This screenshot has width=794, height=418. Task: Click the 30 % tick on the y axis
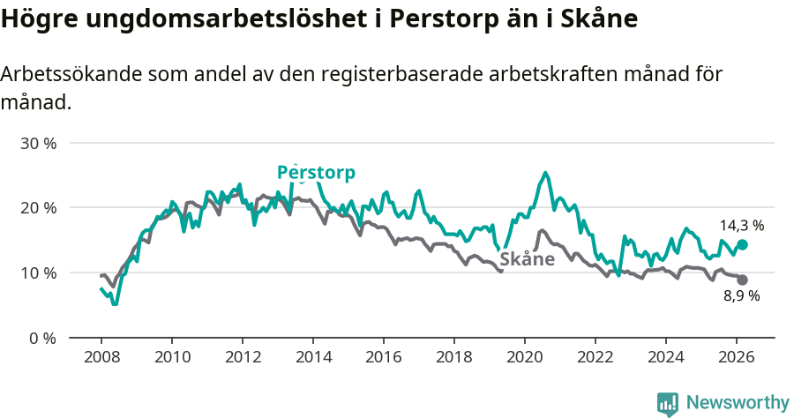click(38, 143)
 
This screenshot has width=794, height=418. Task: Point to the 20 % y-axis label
click(38, 208)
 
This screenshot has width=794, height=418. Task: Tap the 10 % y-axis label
click(38, 273)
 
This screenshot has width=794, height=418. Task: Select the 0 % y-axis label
click(41, 339)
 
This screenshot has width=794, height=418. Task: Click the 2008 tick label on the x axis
click(101, 357)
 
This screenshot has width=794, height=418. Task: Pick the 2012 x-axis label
click(243, 357)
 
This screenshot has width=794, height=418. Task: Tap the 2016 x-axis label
click(384, 357)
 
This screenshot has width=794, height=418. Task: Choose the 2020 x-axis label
click(525, 357)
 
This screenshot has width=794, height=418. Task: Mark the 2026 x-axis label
click(737, 357)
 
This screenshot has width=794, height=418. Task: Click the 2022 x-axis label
click(595, 357)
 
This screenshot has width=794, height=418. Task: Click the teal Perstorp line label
click(316, 172)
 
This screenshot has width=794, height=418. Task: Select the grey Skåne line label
click(527, 259)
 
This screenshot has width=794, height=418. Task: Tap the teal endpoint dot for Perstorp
click(742, 244)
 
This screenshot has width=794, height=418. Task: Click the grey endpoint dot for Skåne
click(742, 280)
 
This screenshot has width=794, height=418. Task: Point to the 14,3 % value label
click(741, 226)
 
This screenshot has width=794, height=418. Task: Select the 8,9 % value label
click(741, 296)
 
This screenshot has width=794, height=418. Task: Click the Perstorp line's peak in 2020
click(546, 173)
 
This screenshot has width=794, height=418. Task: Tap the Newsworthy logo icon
click(668, 403)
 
